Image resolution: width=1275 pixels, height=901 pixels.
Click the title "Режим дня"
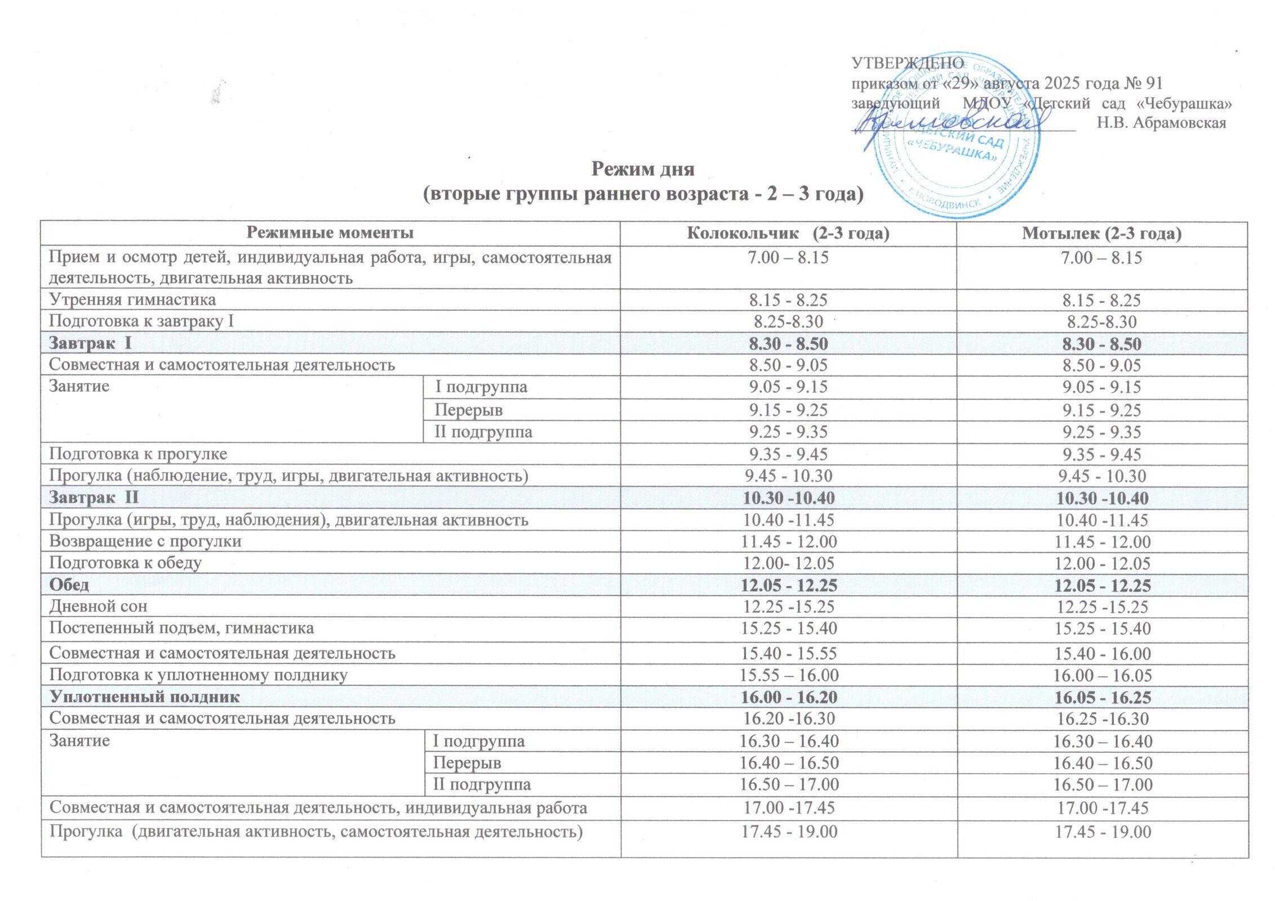click(642, 169)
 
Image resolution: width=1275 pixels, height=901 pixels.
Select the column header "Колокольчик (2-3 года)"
click(788, 233)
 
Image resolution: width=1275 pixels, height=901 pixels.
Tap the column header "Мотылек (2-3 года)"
click(1101, 233)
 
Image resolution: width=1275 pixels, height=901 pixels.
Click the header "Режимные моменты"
click(330, 233)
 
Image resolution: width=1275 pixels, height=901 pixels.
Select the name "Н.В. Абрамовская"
click(1161, 123)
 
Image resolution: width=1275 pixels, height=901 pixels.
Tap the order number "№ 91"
click(1143, 83)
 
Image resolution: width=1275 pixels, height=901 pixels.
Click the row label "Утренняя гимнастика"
click(132, 300)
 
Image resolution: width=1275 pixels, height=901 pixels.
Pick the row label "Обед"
click(69, 585)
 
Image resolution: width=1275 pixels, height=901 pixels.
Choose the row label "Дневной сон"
click(98, 606)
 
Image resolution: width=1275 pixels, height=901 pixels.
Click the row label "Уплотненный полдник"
click(144, 697)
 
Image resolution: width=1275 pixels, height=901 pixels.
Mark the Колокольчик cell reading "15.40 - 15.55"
click(788, 653)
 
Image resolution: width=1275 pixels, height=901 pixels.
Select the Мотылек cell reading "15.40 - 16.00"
click(1102, 653)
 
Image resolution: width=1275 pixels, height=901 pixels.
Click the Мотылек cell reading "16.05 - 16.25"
click(1102, 698)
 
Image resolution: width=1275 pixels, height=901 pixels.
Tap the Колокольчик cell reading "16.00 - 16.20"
click(788, 697)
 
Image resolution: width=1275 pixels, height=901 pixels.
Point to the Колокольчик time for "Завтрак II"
click(788, 498)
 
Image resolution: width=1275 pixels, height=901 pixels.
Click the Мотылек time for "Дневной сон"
click(1102, 607)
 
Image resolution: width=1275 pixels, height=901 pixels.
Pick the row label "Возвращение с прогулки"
click(145, 541)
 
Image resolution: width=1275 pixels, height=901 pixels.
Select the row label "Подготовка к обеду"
click(125, 563)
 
